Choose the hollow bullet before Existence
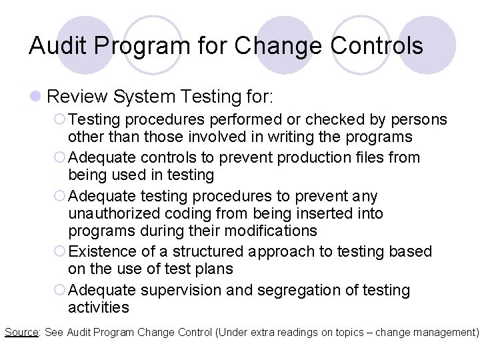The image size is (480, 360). click(x=61, y=252)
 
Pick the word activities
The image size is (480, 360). click(x=98, y=307)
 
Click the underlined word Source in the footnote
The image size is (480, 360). click(x=21, y=331)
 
